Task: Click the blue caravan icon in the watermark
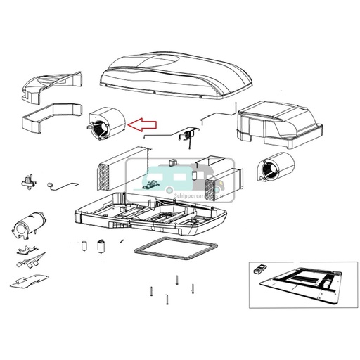pos(157,184)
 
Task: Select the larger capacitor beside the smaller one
pos(101,247)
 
